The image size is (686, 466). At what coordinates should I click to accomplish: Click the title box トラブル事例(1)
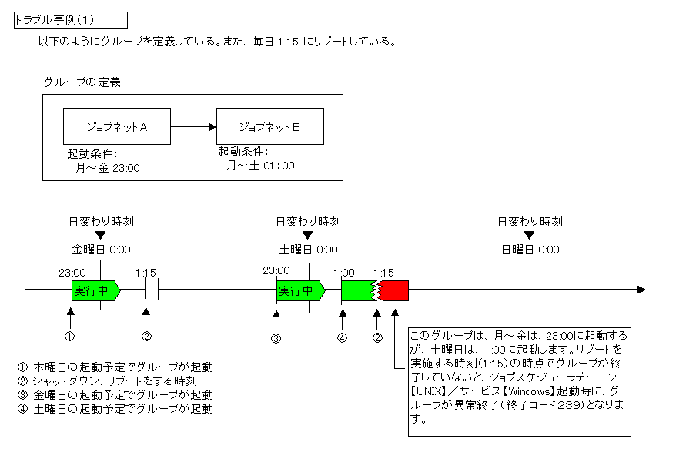[70, 20]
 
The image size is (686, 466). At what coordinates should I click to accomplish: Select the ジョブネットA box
[115, 127]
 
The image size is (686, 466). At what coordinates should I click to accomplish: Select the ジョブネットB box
[269, 127]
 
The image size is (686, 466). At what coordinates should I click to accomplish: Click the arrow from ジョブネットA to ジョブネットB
[192, 126]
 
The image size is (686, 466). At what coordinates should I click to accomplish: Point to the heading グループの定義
[82, 82]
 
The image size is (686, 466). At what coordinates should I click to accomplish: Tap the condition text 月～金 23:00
[108, 167]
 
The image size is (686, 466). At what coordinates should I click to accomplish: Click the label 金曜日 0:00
[101, 250]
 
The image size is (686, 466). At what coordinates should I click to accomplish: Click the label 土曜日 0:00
[308, 250]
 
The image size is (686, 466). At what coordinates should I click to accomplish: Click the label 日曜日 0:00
[530, 250]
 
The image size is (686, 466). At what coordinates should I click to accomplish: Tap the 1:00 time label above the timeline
[343, 273]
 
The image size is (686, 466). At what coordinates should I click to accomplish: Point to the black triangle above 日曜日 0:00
[530, 236]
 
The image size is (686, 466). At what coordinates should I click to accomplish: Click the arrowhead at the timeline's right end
[641, 290]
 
